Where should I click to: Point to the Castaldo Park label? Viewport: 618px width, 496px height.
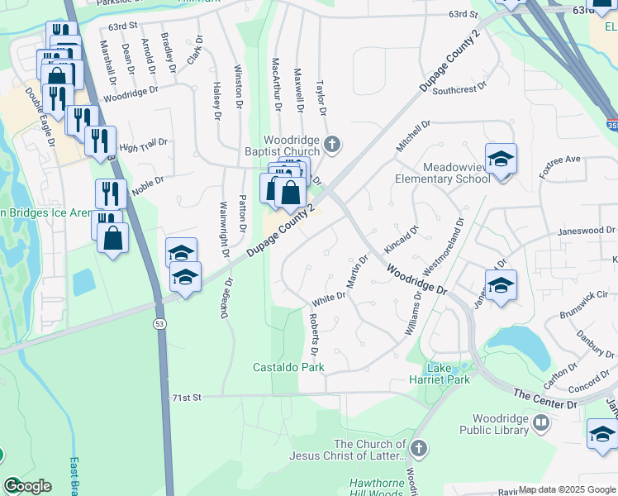coord(288,366)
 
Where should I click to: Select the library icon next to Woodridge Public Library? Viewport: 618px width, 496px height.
coord(541,424)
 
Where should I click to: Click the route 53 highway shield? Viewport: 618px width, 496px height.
coord(157,323)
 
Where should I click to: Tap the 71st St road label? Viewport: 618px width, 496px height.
coord(187,398)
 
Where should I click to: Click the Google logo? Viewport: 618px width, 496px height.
coord(26,486)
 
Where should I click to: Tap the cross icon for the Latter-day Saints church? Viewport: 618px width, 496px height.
coord(419,447)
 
